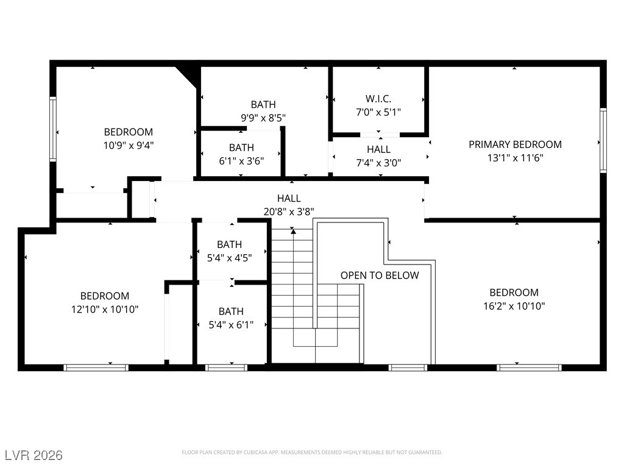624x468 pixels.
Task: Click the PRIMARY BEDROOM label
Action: click(x=515, y=144)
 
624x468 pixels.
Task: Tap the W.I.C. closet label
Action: click(x=378, y=99)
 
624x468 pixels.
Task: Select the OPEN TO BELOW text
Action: click(x=380, y=275)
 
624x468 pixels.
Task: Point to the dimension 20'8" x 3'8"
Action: click(x=289, y=211)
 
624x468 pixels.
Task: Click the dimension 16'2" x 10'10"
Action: click(x=514, y=306)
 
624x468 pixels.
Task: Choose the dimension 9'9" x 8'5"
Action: click(x=263, y=118)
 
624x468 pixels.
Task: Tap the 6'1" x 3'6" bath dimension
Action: click(x=241, y=161)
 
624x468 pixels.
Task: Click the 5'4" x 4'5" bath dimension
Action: click(x=229, y=258)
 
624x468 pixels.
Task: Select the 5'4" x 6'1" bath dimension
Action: click(x=231, y=325)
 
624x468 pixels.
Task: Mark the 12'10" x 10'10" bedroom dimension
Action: click(x=105, y=309)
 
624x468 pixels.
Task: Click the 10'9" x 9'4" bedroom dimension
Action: click(x=128, y=146)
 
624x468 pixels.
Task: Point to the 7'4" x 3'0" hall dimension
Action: click(x=378, y=163)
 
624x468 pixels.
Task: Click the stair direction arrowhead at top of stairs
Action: click(x=293, y=231)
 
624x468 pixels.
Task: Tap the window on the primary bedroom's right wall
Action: click(x=603, y=141)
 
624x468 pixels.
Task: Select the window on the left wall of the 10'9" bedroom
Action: click(x=53, y=129)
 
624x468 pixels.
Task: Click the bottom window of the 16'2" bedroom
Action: click(x=529, y=367)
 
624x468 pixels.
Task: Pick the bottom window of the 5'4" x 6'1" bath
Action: click(x=226, y=367)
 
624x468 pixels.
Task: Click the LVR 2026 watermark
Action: click(x=34, y=455)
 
